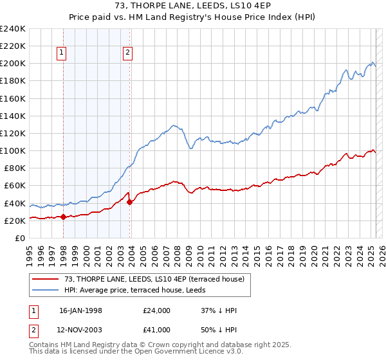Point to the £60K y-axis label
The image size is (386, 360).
[14, 185]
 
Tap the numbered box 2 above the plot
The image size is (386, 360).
[128, 53]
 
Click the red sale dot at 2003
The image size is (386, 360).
[130, 202]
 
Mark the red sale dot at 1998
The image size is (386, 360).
[64, 217]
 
